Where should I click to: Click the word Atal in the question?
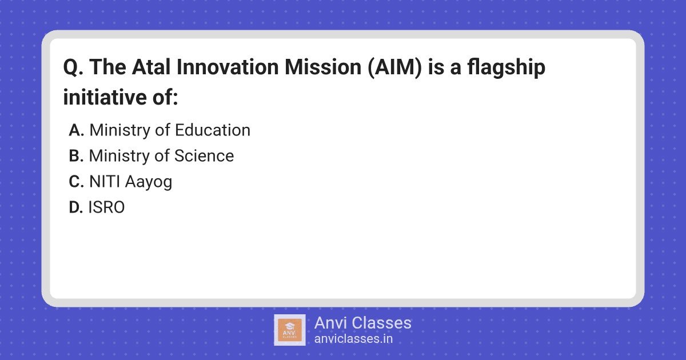tap(151, 67)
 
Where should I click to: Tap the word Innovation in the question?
tap(228, 67)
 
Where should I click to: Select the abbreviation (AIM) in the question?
tap(395, 67)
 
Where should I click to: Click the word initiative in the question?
tap(105, 97)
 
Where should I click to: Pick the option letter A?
tap(76, 130)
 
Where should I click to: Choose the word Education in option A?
tap(213, 130)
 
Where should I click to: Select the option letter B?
tap(76, 156)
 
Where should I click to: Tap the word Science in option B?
tap(204, 156)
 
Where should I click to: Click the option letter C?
tap(76, 182)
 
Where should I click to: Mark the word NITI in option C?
tap(105, 182)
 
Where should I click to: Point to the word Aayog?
tap(149, 182)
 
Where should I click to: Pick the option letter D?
tap(76, 207)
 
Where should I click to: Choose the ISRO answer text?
tap(106, 207)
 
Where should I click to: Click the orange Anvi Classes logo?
tap(290, 330)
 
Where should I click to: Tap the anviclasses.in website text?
tap(353, 339)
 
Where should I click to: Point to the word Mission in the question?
tap(323, 67)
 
